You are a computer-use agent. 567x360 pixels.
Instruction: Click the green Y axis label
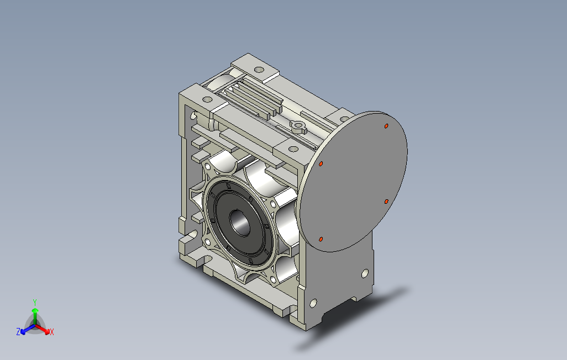point(35,302)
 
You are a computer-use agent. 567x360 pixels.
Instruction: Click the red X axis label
point(52,332)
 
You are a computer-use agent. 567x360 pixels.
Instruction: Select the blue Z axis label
point(18,331)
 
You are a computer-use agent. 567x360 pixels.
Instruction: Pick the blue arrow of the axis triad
point(28,329)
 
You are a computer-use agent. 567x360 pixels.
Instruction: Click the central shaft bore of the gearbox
point(240,224)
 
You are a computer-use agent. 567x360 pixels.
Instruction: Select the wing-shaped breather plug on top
point(298,126)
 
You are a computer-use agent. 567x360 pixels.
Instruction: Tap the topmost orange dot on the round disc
point(386,126)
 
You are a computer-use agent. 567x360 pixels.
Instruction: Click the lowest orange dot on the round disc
point(321,239)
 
